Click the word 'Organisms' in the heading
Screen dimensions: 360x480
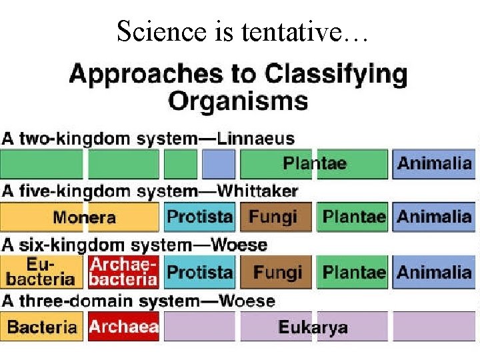pyautogui.click(x=238, y=101)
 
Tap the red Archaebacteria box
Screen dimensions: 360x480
pyautogui.click(x=123, y=272)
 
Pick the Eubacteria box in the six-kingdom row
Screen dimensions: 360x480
pyautogui.click(x=41, y=272)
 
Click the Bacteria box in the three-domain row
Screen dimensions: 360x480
pyautogui.click(x=41, y=327)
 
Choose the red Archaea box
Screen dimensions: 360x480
pyautogui.click(x=123, y=327)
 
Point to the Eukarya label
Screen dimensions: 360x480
pyautogui.click(x=313, y=327)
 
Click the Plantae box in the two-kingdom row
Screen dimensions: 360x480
pyautogui.click(x=314, y=163)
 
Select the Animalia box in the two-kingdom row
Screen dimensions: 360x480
pyautogui.click(x=434, y=163)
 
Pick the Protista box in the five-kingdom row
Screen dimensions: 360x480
pyautogui.click(x=199, y=217)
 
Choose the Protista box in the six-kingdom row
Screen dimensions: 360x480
pyautogui.click(x=199, y=272)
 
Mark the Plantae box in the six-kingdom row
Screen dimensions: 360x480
pyautogui.click(x=353, y=272)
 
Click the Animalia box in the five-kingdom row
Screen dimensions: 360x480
pyautogui.click(x=434, y=217)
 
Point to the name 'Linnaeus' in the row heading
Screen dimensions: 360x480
pyautogui.click(x=255, y=139)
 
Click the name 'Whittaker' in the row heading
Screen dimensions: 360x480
pyautogui.click(x=257, y=191)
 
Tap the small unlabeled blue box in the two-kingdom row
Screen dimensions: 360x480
pyautogui.click(x=219, y=163)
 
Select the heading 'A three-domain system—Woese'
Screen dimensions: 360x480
pyautogui.click(x=138, y=301)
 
